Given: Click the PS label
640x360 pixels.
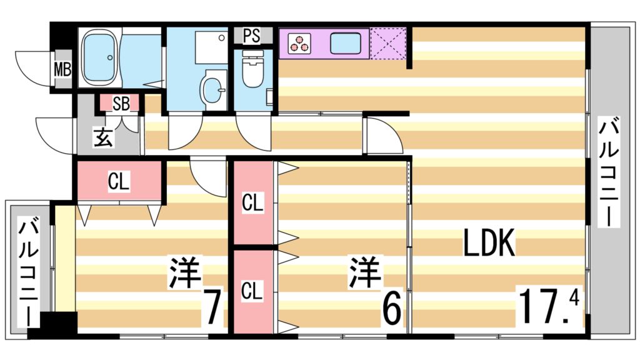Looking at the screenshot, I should (x=251, y=36).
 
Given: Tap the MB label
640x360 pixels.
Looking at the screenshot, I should (x=62, y=69).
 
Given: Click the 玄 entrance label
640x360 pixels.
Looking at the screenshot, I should (x=103, y=137).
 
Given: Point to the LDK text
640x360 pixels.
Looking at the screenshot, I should (x=489, y=243).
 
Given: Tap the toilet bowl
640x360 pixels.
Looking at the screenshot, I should (x=253, y=72).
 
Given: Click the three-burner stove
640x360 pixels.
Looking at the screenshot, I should (x=299, y=43).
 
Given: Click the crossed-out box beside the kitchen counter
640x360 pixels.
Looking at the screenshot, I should (x=388, y=43).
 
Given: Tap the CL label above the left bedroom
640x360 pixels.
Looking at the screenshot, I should (x=119, y=181).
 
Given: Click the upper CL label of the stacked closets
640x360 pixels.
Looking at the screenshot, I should (x=252, y=203).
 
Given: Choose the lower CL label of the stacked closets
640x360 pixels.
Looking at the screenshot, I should (x=252, y=291).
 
